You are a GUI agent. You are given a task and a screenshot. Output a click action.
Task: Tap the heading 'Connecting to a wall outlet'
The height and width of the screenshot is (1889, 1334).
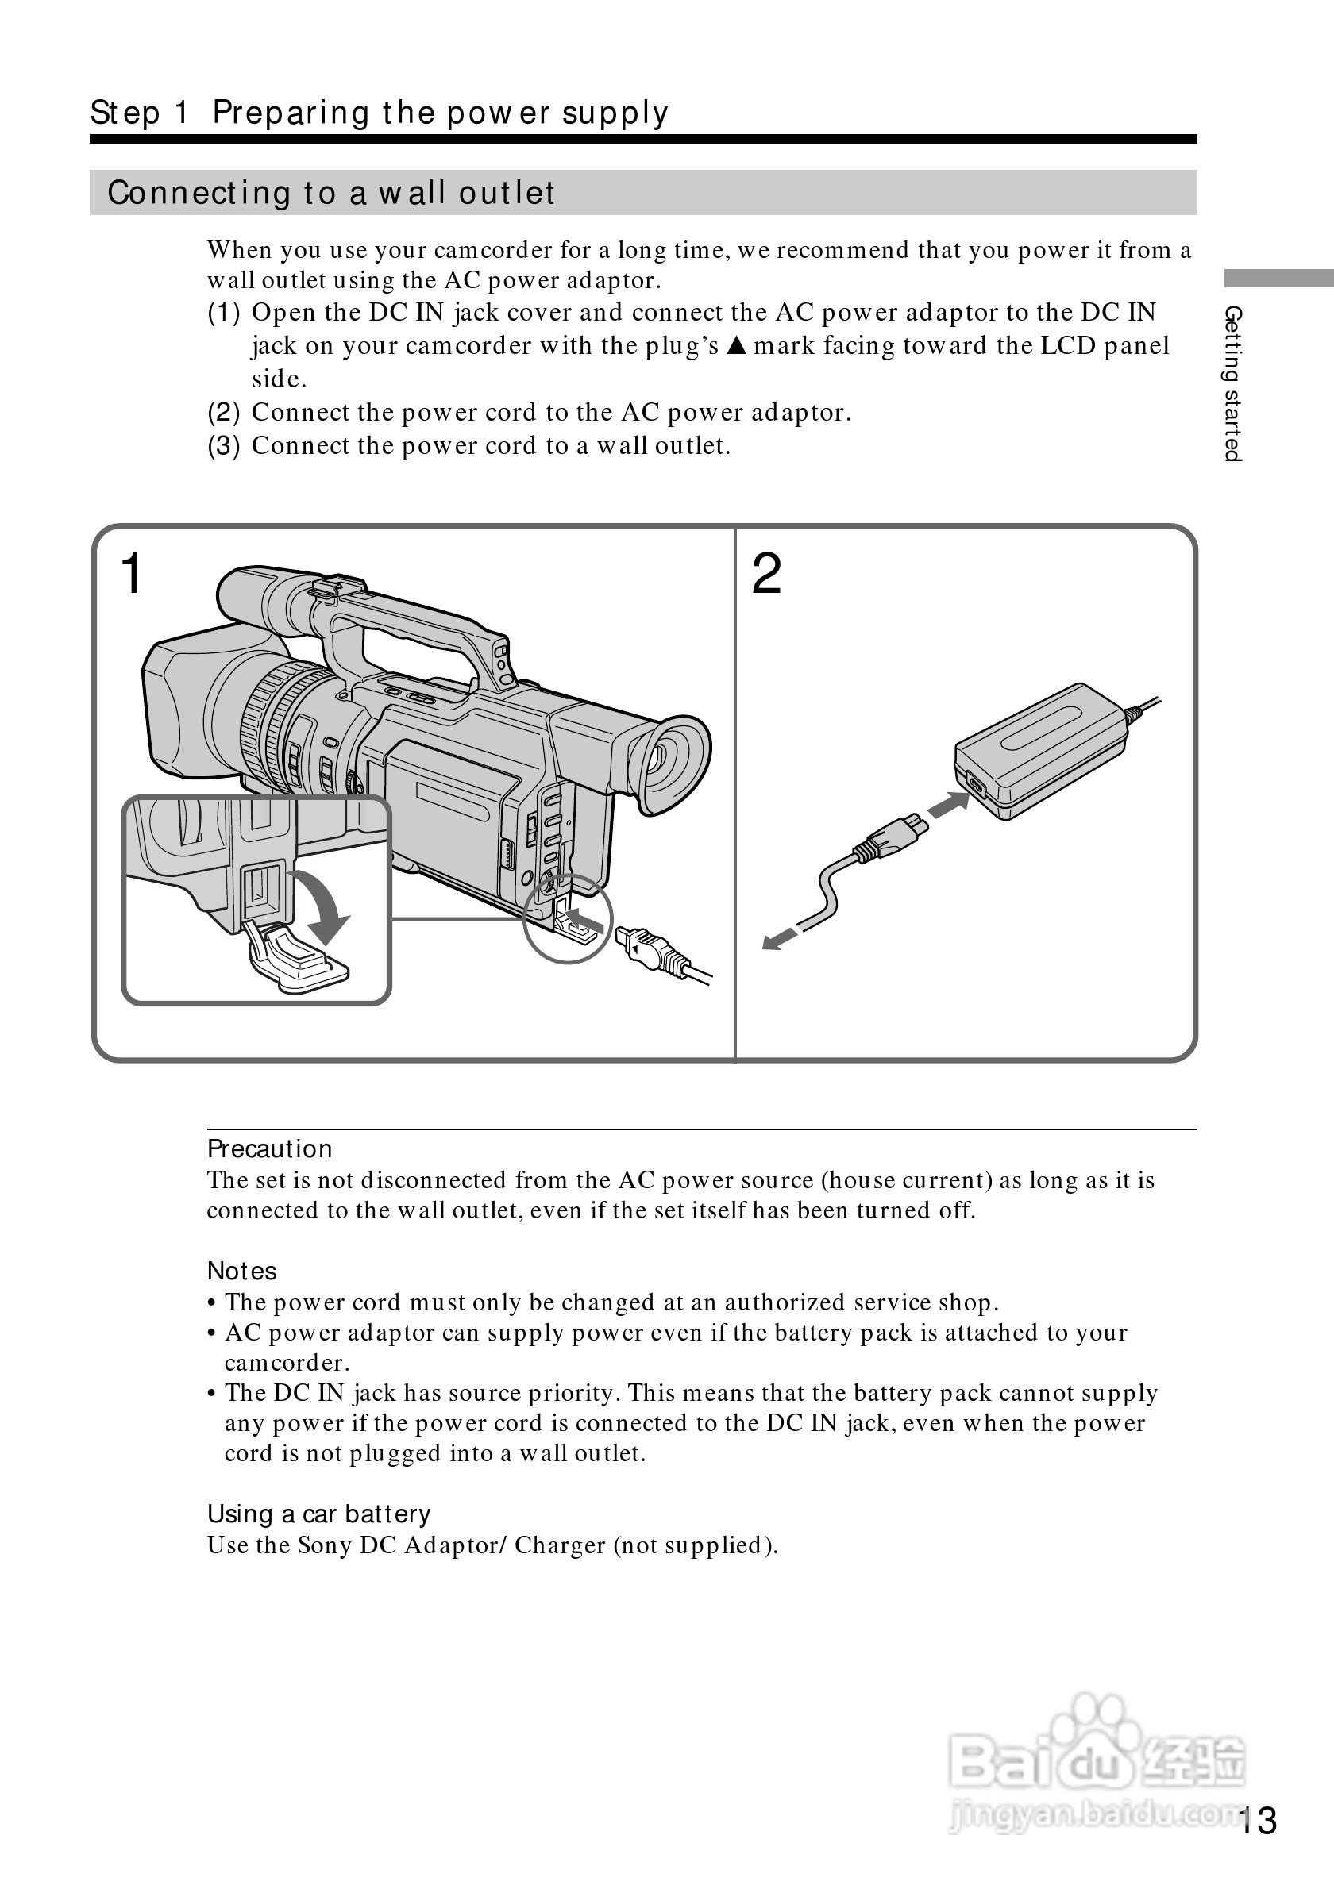[x=331, y=193]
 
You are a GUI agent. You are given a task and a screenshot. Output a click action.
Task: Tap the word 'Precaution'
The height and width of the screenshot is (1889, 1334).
[x=269, y=1148]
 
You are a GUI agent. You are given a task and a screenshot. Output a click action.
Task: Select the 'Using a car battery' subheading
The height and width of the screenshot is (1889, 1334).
[x=318, y=1514]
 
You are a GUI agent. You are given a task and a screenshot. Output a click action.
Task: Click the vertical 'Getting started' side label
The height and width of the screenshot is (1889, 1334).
[x=1232, y=383]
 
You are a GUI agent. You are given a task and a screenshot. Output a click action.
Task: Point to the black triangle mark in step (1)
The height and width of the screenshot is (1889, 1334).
[x=737, y=345]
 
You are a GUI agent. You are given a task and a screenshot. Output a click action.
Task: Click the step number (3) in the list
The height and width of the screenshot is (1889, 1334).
[x=223, y=446]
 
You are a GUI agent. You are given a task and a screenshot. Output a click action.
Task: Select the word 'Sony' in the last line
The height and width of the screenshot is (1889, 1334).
[x=324, y=1545]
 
